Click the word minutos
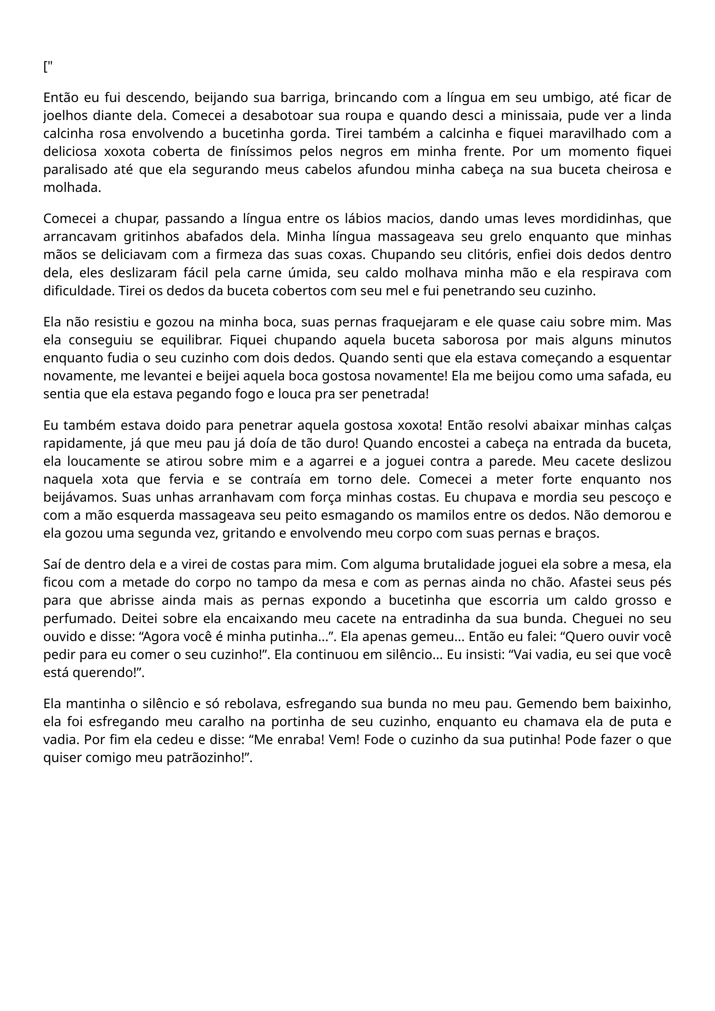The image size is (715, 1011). [x=646, y=340]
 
